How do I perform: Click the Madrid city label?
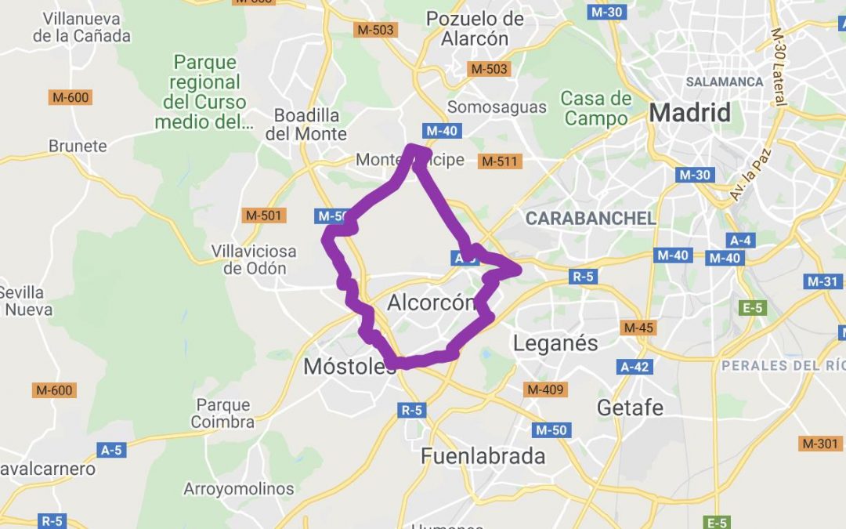click(x=689, y=113)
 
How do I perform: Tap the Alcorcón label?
click(x=432, y=303)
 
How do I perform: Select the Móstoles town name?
click(x=349, y=366)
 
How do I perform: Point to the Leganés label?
click(x=555, y=342)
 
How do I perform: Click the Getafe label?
click(x=630, y=408)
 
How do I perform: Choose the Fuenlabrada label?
click(x=483, y=456)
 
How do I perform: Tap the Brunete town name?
click(x=78, y=146)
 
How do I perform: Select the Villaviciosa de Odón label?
click(x=254, y=260)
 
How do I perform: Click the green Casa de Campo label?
click(x=596, y=108)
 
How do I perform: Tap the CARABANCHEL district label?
click(x=591, y=219)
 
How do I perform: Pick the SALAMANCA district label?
click(x=724, y=82)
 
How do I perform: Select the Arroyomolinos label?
click(x=239, y=489)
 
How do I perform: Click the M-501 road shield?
click(x=264, y=216)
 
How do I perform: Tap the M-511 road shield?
click(x=500, y=161)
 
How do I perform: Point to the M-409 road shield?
click(x=546, y=389)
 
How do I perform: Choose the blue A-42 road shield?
click(x=634, y=366)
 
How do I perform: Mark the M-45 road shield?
click(x=638, y=328)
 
